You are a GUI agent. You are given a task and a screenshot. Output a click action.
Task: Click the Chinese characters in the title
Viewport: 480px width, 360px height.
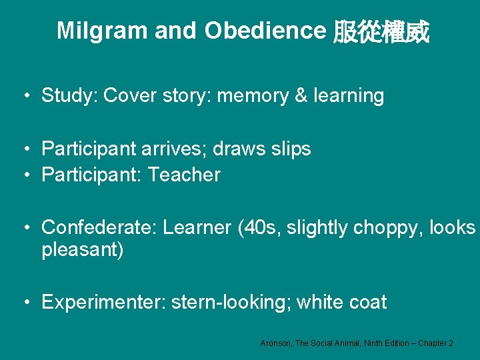[x=381, y=31]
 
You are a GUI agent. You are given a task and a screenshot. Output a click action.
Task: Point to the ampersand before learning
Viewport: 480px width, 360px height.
[x=301, y=96]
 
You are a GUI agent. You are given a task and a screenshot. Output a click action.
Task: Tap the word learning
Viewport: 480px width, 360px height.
[x=349, y=96]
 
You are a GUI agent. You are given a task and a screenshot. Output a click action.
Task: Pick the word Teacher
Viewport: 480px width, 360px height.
[x=184, y=175]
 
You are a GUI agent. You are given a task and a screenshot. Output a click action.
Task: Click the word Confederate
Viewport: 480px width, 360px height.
[x=99, y=227]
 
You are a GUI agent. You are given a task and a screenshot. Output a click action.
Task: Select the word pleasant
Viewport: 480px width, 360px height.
[x=79, y=251]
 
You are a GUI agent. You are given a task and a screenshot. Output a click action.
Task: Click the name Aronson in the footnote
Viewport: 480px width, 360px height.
[x=275, y=343]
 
